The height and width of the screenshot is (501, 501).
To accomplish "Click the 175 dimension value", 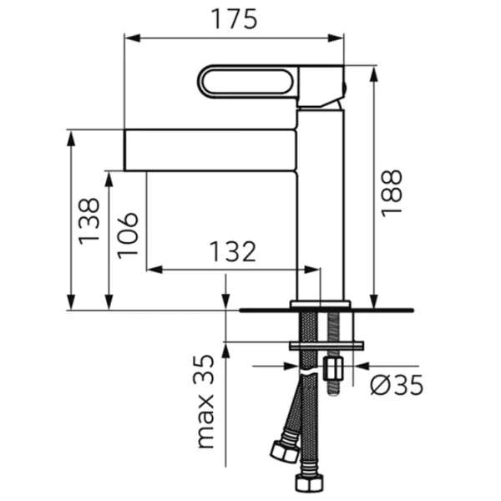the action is point(235,19).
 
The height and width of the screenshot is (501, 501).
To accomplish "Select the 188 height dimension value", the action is point(392,194).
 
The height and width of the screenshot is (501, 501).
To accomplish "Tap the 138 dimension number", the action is point(89,221).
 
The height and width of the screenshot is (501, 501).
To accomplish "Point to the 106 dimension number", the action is point(128,235).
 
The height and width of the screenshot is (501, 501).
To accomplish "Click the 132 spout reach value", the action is point(233,251).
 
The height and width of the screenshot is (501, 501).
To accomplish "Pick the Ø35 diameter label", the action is point(397,384).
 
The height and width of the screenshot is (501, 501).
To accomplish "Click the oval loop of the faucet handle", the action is point(248,82).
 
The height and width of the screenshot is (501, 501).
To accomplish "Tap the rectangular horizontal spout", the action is point(210,150).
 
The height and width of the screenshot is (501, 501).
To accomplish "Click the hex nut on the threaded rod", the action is point(333,369).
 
